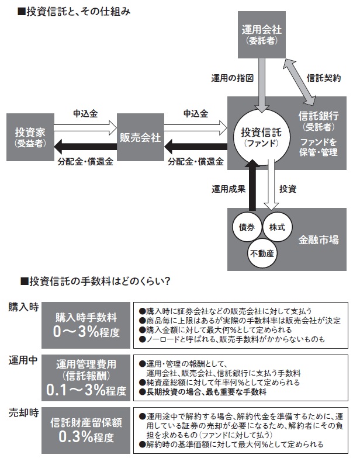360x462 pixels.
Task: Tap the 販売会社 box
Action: click(140, 138)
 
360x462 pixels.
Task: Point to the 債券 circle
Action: click(243, 227)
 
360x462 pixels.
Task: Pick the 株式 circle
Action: click(276, 227)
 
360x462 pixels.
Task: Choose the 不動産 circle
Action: click(261, 253)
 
